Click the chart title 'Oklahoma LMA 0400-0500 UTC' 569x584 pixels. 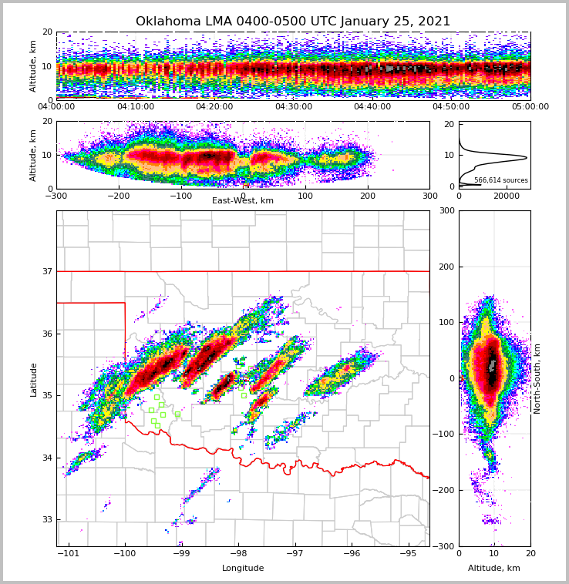pyautogui.click(x=293, y=22)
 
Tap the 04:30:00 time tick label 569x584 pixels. pyautogui.click(x=293, y=107)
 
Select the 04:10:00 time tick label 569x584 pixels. pyautogui.click(x=135, y=107)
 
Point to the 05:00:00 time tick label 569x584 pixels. pyautogui.click(x=530, y=107)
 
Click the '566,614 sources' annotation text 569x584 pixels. pyautogui.click(x=501, y=180)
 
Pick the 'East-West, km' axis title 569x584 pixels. pyautogui.click(x=243, y=201)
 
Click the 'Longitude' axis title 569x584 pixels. pyautogui.click(x=243, y=569)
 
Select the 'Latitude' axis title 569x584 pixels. pyautogui.click(x=34, y=379)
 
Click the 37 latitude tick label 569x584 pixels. pyautogui.click(x=46, y=271)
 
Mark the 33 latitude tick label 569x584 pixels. pyautogui.click(x=46, y=520)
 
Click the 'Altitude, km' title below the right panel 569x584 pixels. pyautogui.click(x=494, y=569)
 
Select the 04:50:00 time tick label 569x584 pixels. pyautogui.click(x=451, y=107)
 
